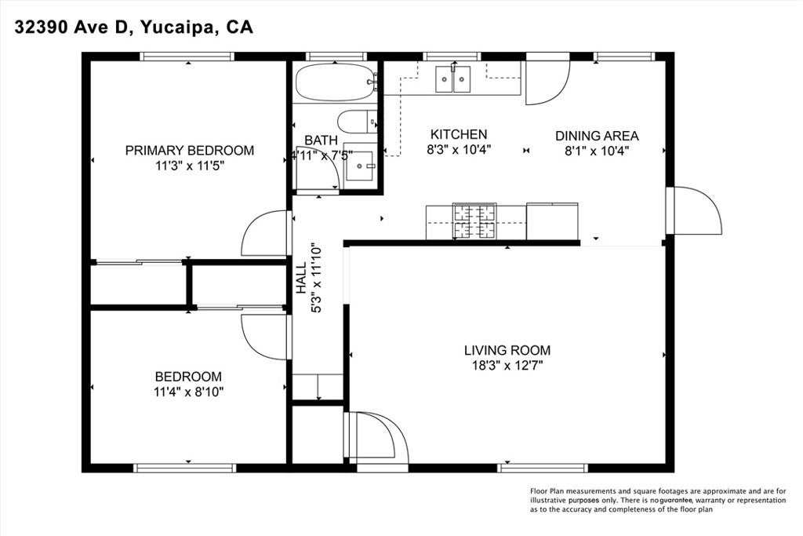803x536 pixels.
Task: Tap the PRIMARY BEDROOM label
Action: (190, 151)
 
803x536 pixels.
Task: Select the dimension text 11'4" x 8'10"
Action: (188, 392)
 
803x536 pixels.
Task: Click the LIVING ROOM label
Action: (507, 350)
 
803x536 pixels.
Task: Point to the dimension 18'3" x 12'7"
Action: (507, 365)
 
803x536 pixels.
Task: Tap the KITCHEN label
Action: (457, 135)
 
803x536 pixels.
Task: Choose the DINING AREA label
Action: (597, 135)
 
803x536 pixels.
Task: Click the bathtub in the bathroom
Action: (336, 82)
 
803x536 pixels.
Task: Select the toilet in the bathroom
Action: (357, 123)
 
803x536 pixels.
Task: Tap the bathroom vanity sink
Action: (362, 166)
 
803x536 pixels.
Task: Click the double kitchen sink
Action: (453, 78)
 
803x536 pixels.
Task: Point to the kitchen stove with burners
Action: (474, 221)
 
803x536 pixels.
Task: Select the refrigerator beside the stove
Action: (552, 221)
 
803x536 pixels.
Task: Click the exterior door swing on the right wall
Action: (696, 210)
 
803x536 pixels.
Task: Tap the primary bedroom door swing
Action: (265, 233)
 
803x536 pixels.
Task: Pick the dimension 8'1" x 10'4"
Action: (597, 149)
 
